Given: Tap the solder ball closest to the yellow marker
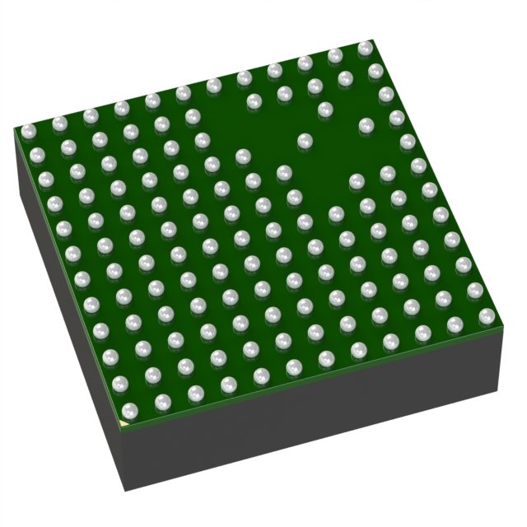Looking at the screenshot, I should [x=128, y=410].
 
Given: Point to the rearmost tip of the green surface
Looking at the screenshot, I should [x=372, y=39].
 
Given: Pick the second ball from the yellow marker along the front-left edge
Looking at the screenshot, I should [x=119, y=383].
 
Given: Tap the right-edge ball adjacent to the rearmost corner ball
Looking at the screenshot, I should [x=375, y=71].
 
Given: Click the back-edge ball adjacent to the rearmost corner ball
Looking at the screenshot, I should [x=335, y=55].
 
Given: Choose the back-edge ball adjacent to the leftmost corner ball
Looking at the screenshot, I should [x=58, y=124].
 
